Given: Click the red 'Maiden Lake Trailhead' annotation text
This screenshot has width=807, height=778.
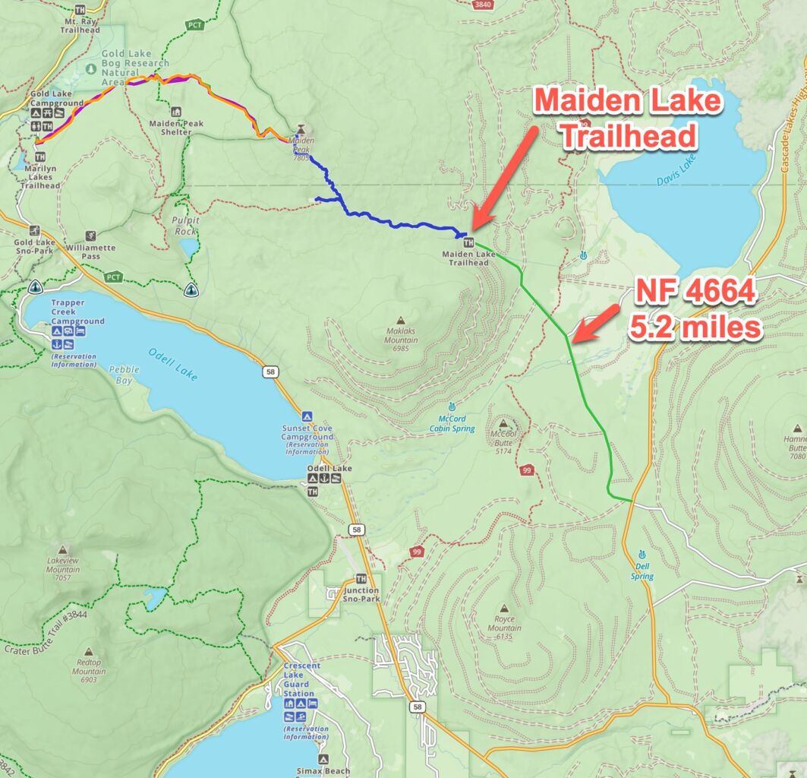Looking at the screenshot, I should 627,118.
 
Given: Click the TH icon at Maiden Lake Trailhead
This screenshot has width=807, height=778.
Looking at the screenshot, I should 468,242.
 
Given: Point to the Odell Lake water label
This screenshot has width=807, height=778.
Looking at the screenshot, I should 172,363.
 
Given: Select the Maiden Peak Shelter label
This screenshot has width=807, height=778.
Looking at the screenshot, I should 170,127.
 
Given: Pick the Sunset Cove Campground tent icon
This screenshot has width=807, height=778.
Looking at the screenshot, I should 307,416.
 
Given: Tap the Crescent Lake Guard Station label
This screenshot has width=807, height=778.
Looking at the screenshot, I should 301,678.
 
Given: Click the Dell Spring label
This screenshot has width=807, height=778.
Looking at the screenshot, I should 642,572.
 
